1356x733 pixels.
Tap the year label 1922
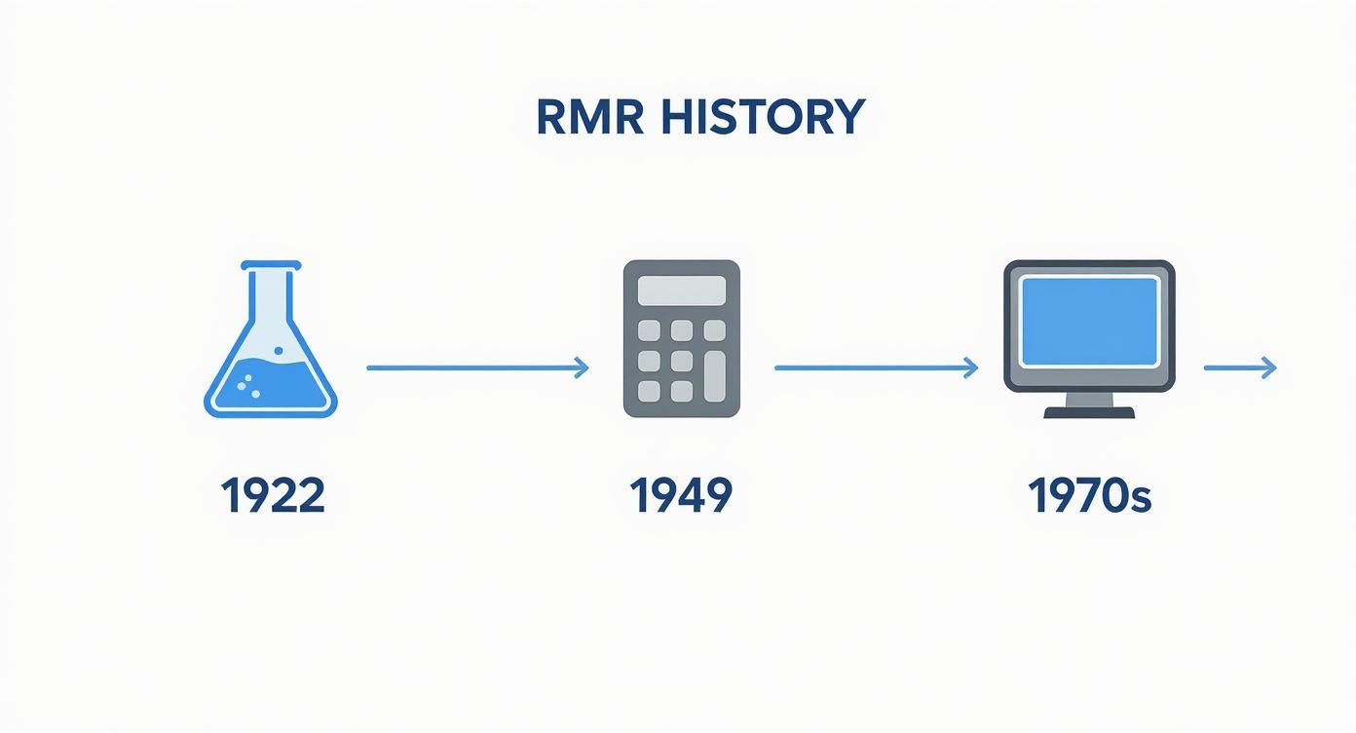pyautogui.click(x=273, y=495)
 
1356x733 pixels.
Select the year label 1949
pyautogui.click(x=681, y=495)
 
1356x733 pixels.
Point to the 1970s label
pyautogui.click(x=1089, y=495)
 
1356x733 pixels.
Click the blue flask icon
pyautogui.click(x=271, y=339)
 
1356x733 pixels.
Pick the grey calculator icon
pyautogui.click(x=682, y=338)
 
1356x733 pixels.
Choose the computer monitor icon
pyautogui.click(x=1089, y=339)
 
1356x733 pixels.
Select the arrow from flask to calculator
pyautogui.click(x=477, y=367)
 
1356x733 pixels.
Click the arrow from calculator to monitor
pyautogui.click(x=877, y=367)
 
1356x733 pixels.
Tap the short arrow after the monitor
pyautogui.click(x=1240, y=367)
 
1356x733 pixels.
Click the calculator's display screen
pyautogui.click(x=682, y=290)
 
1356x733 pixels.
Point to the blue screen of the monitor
pyautogui.click(x=1090, y=321)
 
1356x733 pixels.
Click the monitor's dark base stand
pyautogui.click(x=1089, y=412)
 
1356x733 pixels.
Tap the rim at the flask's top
pyautogui.click(x=271, y=265)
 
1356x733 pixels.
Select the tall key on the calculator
pyautogui.click(x=715, y=376)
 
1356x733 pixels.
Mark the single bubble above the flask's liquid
pyautogui.click(x=279, y=351)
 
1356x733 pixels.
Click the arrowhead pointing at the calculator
pyautogui.click(x=582, y=367)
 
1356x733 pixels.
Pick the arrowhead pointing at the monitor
pyautogui.click(x=971, y=367)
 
